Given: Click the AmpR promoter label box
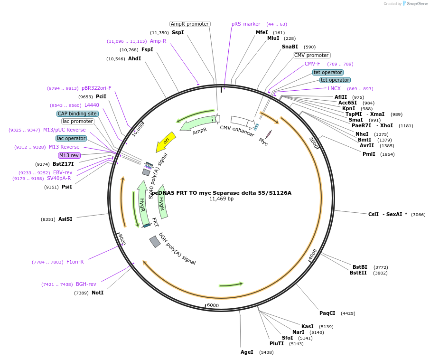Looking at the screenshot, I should click(x=190, y=24).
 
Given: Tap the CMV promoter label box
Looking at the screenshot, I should click(x=311, y=55).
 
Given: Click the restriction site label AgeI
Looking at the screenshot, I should click(x=247, y=352).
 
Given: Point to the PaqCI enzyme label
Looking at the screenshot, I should click(x=327, y=313).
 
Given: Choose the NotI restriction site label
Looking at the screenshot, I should click(x=97, y=293).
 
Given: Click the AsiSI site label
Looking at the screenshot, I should click(x=65, y=219).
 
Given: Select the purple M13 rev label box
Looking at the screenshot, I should click(x=69, y=155).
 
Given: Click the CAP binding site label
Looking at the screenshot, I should click(x=77, y=114).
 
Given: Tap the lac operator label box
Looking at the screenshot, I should click(x=71, y=138).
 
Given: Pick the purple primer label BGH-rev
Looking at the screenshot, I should click(x=86, y=284).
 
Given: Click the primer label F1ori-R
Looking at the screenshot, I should click(x=75, y=262).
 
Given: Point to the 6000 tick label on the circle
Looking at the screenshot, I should click(x=213, y=305).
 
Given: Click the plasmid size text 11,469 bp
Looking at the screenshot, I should click(x=221, y=199).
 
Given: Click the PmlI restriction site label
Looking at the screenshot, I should click(x=369, y=154).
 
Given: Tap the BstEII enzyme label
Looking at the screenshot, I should click(x=358, y=273).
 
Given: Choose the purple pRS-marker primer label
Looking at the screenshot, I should click(x=246, y=24).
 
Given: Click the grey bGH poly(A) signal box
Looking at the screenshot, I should click(x=155, y=242).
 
